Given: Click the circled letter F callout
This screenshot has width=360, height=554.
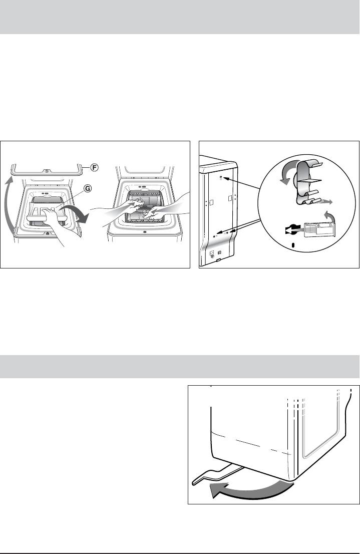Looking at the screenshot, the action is coord(94,167).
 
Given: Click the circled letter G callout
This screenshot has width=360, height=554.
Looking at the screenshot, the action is coord(87,189).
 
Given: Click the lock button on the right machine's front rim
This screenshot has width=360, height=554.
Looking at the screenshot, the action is coord(145,232).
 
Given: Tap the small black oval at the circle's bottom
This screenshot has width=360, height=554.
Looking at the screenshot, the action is coord(293,245).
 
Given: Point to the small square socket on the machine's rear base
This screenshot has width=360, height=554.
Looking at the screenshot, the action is coord(212,253).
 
